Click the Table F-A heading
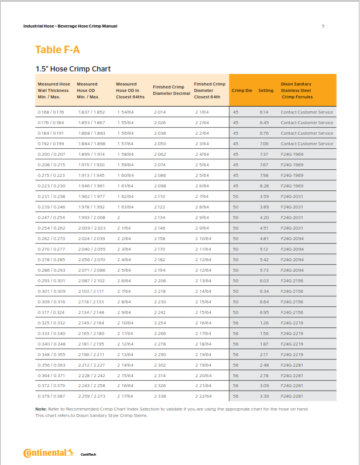tap(57, 49)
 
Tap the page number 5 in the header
tap(323, 26)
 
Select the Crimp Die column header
tap(242, 91)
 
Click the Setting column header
tap(266, 91)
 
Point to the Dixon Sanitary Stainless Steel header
tap(300, 91)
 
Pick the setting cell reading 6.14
tap(264, 112)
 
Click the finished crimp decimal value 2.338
tap(160, 396)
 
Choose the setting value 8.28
tap(264, 186)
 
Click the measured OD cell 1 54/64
tap(125, 112)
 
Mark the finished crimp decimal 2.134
tap(160, 217)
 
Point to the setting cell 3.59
tap(264, 196)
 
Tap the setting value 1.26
tap(264, 323)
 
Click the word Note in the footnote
tap(40, 408)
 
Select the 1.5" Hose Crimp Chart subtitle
tap(73, 69)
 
